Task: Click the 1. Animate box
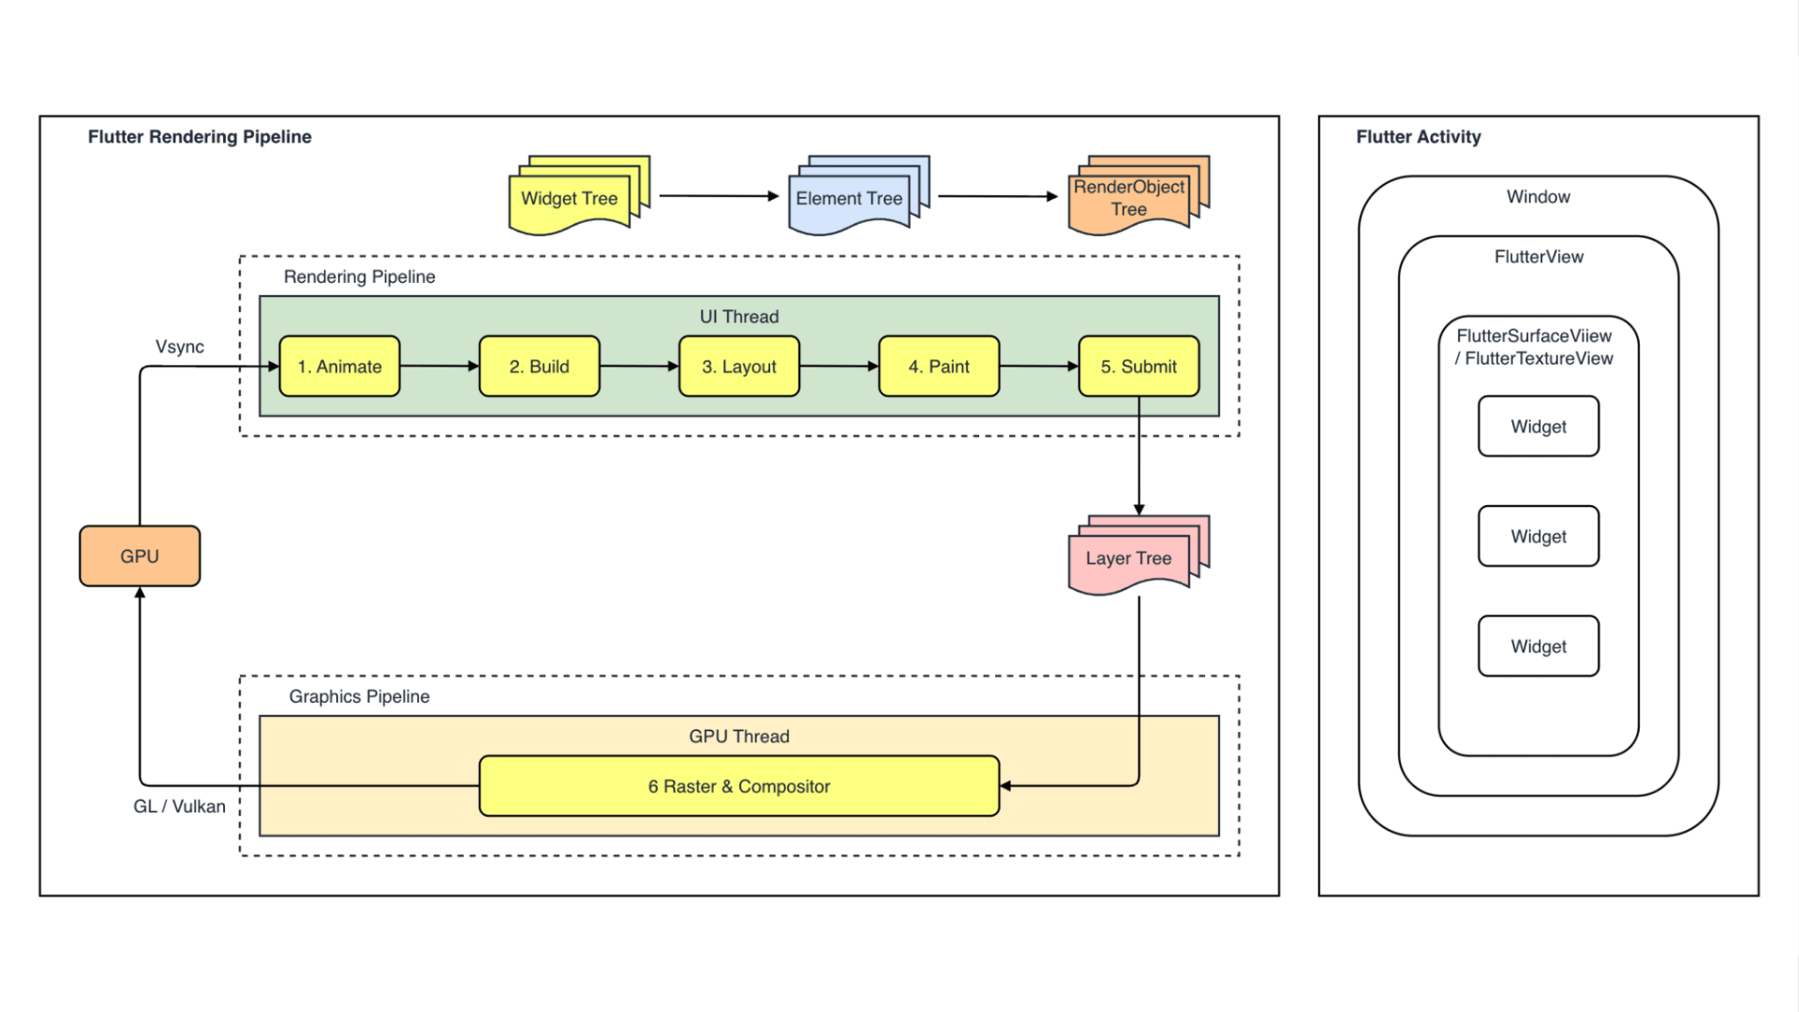click(x=339, y=366)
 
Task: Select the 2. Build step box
click(x=539, y=366)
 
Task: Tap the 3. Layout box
click(x=739, y=366)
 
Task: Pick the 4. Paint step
click(x=939, y=366)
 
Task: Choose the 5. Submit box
click(x=1138, y=366)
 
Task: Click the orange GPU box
click(x=140, y=556)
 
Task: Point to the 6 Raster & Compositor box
click(x=739, y=786)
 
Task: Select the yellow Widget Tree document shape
click(x=570, y=199)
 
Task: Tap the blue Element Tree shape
click(x=849, y=199)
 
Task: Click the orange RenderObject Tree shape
click(x=1129, y=199)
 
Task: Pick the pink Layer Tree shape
click(x=1129, y=559)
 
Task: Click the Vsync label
click(x=179, y=347)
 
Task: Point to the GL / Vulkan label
click(x=179, y=807)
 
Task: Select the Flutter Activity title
click(x=1419, y=137)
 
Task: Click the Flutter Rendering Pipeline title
click(x=200, y=137)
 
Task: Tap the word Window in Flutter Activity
click(x=1539, y=197)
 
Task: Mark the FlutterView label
click(x=1539, y=257)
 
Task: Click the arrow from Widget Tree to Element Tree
click(x=719, y=196)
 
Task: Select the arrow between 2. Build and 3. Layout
click(x=639, y=366)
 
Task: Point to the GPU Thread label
click(x=739, y=737)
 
